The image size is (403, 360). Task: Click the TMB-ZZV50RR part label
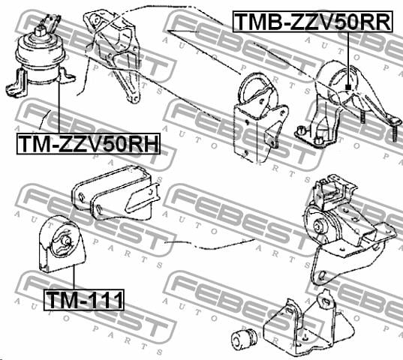312,22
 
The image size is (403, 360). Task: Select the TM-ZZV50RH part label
89,144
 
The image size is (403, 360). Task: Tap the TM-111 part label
84,300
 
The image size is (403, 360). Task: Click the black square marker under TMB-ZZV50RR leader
348,87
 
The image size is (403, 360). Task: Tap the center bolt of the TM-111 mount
66,241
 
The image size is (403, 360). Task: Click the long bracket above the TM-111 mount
116,193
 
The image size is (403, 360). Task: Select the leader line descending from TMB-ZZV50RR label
348,58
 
